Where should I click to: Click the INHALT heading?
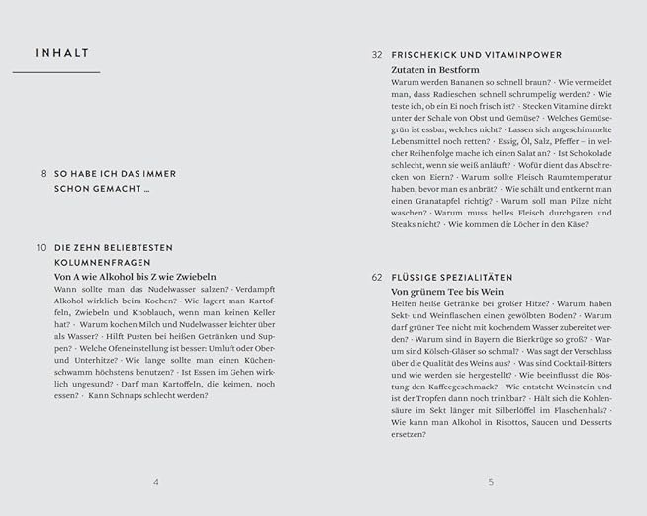coord(61,53)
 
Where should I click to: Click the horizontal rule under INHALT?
coord(56,72)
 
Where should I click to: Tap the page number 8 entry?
coord(43,173)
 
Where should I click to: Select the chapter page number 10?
coord(41,247)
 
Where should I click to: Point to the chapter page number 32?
coord(377,55)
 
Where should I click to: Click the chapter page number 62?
coord(377,278)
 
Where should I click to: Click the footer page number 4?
coord(156,482)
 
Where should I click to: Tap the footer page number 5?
coord(491,482)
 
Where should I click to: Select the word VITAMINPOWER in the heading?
coord(520,55)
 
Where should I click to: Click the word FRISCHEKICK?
coord(425,55)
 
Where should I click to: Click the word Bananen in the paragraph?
coord(472,83)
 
